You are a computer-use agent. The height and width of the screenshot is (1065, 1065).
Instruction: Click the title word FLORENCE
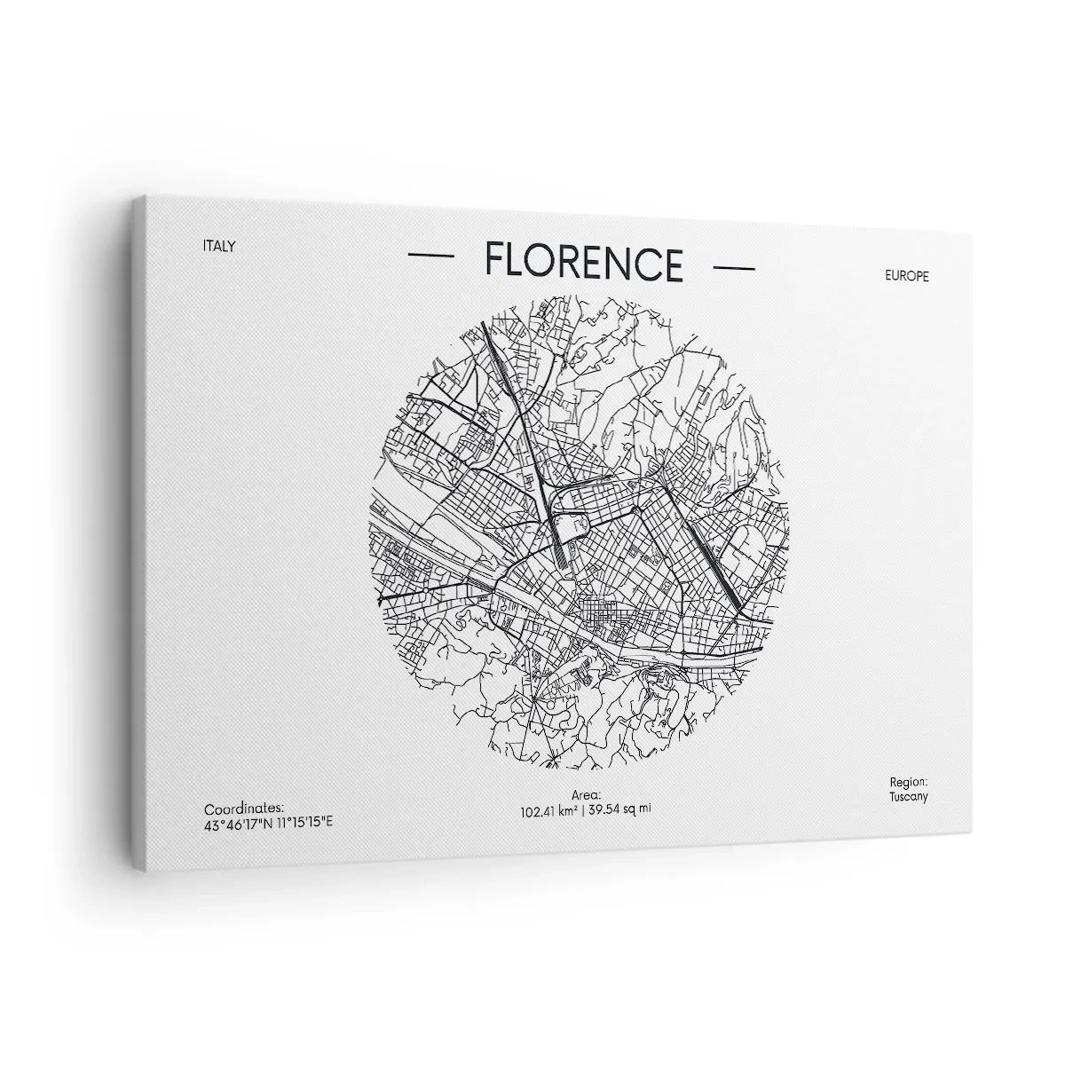584,262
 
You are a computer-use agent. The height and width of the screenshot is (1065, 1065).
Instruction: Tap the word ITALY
219,246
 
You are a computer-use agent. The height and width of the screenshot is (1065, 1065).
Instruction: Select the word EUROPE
906,276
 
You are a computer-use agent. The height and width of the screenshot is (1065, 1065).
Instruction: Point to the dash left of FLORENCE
430,256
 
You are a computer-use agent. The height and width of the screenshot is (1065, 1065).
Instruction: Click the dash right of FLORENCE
734,267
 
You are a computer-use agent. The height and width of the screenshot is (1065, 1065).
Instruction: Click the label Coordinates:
244,808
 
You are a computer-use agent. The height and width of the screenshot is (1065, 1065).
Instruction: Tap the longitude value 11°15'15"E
304,822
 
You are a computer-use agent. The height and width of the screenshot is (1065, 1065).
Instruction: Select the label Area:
588,795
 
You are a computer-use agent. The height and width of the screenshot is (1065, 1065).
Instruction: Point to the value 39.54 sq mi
620,808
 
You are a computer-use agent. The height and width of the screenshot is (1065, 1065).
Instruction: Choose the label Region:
908,782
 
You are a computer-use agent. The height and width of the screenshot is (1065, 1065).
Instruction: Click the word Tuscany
908,796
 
